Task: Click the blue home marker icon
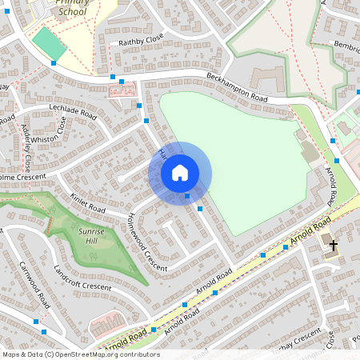[180, 173]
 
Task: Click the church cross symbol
[333, 246]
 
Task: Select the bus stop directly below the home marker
[187, 195]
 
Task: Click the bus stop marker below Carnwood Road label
[36, 321]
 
